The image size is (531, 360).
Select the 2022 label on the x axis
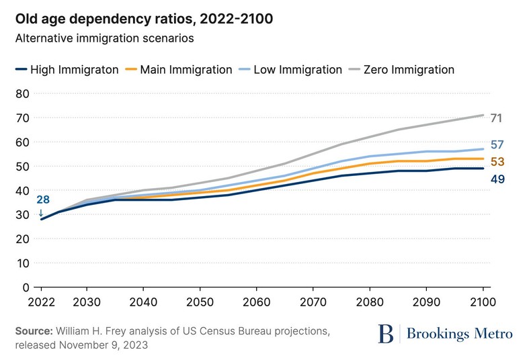(x=42, y=304)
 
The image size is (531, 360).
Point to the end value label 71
(x=497, y=118)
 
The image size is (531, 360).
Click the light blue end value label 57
(x=497, y=145)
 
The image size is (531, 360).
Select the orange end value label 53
(x=497, y=162)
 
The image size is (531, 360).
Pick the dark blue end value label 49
(x=497, y=179)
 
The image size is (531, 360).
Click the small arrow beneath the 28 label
(x=41, y=212)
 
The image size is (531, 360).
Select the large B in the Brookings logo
(x=386, y=333)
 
